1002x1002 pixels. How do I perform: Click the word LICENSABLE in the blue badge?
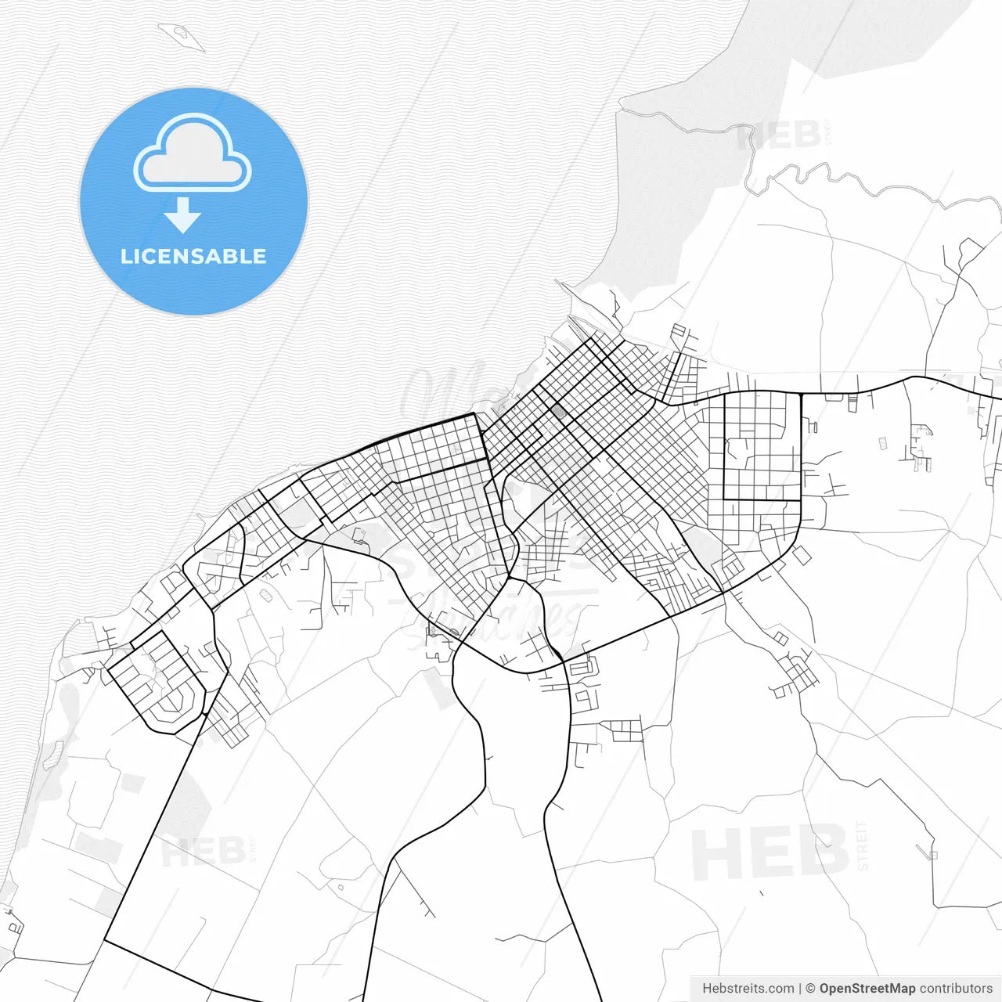(x=193, y=256)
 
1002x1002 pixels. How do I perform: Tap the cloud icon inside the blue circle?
(x=193, y=154)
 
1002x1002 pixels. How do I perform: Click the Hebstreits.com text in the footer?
(x=748, y=989)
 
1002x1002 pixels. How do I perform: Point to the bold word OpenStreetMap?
(x=867, y=989)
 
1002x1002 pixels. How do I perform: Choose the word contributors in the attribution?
(x=956, y=989)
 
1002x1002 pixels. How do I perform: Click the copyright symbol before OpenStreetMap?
(x=810, y=989)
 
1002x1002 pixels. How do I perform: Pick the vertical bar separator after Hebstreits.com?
(x=799, y=989)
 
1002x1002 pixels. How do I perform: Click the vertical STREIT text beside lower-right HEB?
(x=863, y=845)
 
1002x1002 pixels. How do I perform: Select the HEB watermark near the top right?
(x=779, y=136)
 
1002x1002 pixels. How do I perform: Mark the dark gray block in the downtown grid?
(x=557, y=410)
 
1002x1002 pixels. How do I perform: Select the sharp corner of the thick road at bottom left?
(x=105, y=940)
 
